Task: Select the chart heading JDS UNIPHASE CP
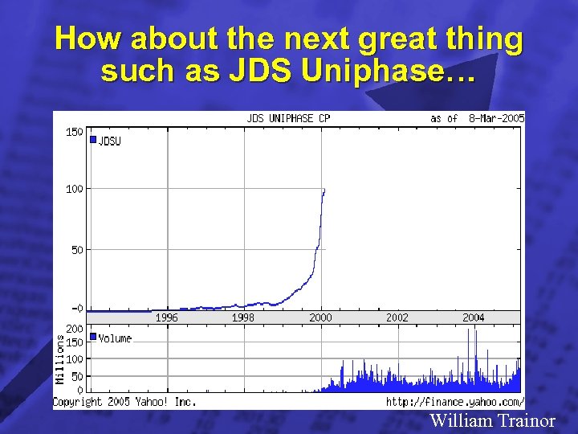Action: point(287,118)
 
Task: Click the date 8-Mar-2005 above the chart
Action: point(496,118)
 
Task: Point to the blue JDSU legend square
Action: point(93,140)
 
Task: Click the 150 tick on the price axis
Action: point(74,132)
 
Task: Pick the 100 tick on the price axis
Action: point(74,189)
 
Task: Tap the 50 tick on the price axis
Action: point(76,250)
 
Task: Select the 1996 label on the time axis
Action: point(166,317)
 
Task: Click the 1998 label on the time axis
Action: point(243,317)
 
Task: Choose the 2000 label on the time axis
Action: point(320,317)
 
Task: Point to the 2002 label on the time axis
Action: point(397,317)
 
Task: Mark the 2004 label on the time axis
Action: point(474,317)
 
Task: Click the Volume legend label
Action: point(115,338)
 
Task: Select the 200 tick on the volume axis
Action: point(74,330)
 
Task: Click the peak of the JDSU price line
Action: point(324,190)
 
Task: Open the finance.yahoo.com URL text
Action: point(454,401)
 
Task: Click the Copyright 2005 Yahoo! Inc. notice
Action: point(124,401)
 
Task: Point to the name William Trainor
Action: point(492,420)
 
